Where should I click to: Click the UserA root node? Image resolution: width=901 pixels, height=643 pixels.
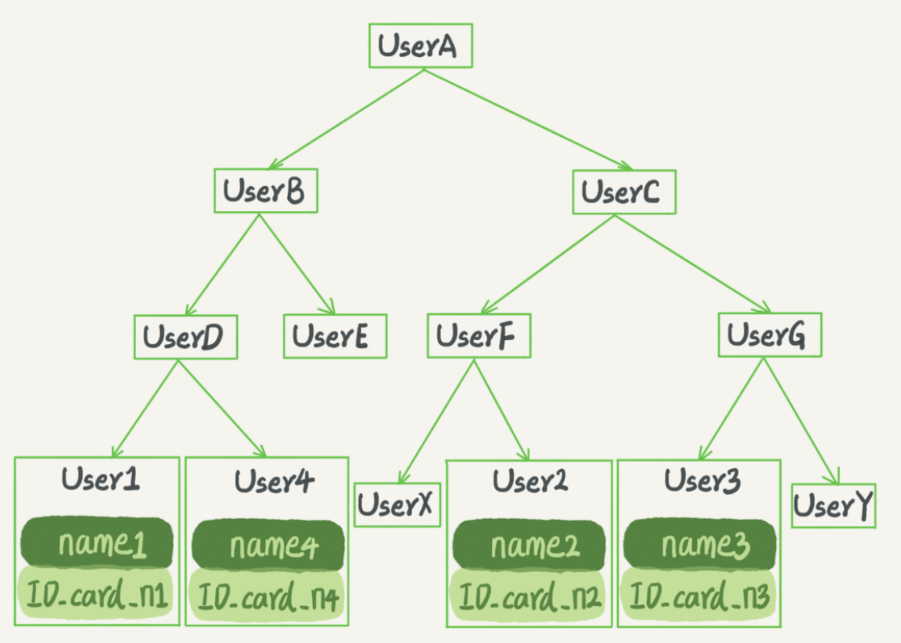421,46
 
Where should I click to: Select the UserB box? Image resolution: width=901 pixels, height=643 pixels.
266,191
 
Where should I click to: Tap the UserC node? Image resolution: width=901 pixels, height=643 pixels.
624,192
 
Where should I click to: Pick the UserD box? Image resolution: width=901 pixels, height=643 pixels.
186,337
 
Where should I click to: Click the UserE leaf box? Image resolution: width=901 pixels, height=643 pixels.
335,336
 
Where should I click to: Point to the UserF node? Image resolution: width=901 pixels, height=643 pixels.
479,335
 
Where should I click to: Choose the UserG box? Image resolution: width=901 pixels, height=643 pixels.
770,335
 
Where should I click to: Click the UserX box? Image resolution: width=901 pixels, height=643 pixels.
397,505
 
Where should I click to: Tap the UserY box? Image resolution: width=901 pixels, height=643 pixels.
833,505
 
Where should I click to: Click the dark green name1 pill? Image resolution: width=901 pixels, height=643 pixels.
97,543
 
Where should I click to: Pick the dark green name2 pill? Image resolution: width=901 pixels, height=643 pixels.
528,545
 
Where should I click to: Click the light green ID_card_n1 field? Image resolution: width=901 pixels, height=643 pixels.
96,594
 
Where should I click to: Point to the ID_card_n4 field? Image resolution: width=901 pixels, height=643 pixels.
267,596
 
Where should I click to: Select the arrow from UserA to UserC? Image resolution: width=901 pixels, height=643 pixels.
528,119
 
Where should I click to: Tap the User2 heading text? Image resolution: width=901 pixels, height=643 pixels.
530,481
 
